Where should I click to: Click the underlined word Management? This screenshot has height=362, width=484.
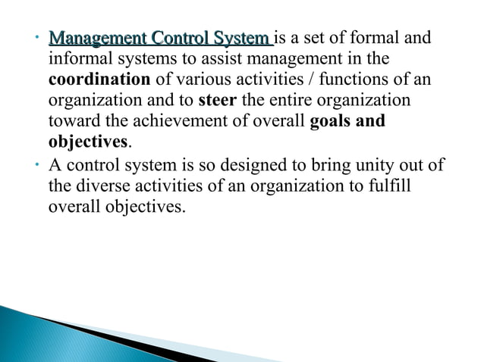(x=97, y=38)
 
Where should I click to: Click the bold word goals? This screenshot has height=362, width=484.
(x=334, y=121)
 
